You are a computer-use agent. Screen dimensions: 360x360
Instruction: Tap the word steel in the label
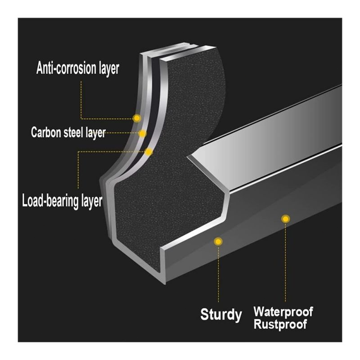(74, 132)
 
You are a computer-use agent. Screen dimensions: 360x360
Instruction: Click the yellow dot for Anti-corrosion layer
(137, 118)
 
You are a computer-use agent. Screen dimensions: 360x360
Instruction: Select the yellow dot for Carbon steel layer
(143, 133)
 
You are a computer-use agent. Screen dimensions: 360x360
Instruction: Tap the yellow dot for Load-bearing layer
(149, 152)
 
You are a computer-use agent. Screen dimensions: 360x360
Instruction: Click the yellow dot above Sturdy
(218, 242)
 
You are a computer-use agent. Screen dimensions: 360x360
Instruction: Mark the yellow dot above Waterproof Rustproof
(285, 219)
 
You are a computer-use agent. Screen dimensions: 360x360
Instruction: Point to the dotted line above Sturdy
(219, 274)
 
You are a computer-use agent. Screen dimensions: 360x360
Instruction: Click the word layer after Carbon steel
(95, 132)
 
